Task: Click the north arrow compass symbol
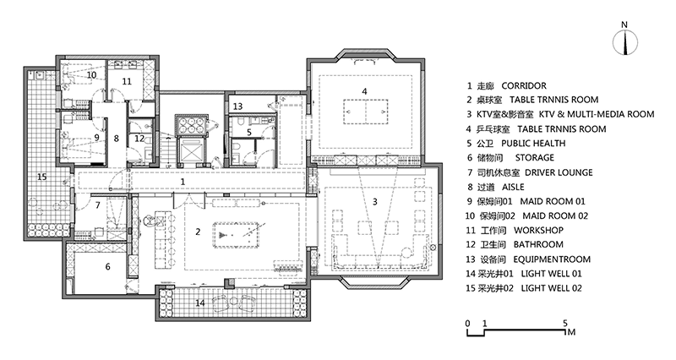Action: (624, 42)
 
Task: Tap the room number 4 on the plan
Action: (364, 91)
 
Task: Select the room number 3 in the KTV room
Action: (374, 201)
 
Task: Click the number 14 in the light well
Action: (199, 303)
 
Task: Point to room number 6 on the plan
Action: (108, 267)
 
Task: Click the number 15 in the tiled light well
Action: (41, 177)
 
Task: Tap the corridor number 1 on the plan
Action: (183, 182)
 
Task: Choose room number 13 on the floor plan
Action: (238, 106)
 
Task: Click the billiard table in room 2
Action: (237, 235)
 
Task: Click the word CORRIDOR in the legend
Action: (524, 86)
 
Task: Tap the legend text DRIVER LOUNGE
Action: (559, 172)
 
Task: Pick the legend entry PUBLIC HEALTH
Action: (533, 143)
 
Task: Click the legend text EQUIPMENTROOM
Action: (552, 259)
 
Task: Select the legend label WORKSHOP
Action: (538, 230)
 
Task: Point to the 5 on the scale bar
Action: (565, 323)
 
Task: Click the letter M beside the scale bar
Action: (572, 332)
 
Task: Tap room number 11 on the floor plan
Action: (126, 81)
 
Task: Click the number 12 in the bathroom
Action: (139, 139)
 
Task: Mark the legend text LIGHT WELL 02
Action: (552, 288)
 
